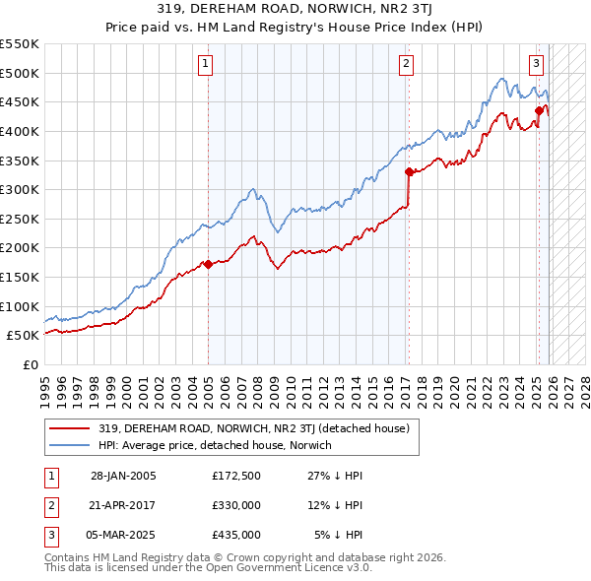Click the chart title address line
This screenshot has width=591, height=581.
click(295, 10)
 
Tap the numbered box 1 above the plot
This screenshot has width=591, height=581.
click(207, 65)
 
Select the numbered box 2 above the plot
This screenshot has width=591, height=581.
click(406, 65)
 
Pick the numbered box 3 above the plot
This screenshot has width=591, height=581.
click(536, 65)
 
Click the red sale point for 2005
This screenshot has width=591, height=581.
click(208, 264)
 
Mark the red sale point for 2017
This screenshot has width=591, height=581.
click(409, 171)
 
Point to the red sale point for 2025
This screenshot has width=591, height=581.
click(539, 110)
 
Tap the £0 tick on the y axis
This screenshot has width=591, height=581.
click(30, 364)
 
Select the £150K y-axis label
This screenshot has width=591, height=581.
click(20, 277)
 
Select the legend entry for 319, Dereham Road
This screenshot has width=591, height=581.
click(259, 427)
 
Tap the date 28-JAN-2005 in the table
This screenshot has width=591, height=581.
click(123, 476)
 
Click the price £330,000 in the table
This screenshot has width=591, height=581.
click(235, 505)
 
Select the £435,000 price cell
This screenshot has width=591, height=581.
click(235, 535)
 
